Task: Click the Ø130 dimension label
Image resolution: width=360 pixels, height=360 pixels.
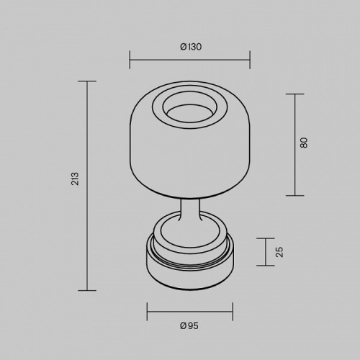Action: (x=190, y=47)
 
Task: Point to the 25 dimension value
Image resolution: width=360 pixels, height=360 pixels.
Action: (x=279, y=252)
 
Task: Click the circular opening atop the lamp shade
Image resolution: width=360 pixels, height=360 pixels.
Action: (x=189, y=109)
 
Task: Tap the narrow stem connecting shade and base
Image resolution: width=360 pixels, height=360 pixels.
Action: (x=189, y=212)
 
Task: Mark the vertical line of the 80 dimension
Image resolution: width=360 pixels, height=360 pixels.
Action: (x=294, y=144)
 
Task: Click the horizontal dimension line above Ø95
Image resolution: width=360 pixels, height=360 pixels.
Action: (x=190, y=312)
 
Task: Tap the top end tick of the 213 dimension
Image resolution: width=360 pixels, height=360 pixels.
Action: (x=87, y=81)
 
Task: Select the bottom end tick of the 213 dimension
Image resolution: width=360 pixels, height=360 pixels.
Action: (x=87, y=290)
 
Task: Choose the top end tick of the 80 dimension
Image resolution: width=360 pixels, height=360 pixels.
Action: (x=294, y=93)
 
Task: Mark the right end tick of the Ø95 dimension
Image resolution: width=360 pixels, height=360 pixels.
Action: (x=233, y=312)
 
